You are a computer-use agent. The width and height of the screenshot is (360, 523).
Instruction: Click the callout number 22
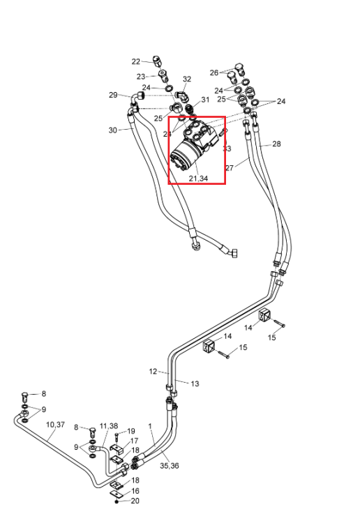[x=136, y=61]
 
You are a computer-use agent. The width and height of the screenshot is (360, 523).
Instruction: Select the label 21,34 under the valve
[x=198, y=179]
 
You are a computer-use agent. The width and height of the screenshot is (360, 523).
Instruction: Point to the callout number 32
[x=187, y=79]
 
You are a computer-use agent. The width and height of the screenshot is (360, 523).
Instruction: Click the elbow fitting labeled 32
[x=182, y=96]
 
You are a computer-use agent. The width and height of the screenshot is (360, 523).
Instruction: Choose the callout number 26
[x=214, y=73]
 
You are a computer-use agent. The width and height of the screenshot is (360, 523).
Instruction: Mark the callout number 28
[x=276, y=144]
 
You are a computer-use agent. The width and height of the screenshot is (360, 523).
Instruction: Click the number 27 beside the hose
[x=230, y=168]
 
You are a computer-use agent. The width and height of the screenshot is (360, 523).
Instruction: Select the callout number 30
[x=113, y=130]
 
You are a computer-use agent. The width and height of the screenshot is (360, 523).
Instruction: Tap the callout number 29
[x=113, y=95]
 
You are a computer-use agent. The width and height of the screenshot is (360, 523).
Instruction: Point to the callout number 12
[x=153, y=371]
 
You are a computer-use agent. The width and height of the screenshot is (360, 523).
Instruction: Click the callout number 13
[x=195, y=384]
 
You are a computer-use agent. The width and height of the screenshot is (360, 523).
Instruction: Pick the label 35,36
[x=169, y=466]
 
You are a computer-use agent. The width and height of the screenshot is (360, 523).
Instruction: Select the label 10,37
[x=55, y=425]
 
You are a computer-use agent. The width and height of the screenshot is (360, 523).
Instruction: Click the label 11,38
[x=109, y=426]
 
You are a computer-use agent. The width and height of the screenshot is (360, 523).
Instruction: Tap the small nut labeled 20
[x=117, y=501]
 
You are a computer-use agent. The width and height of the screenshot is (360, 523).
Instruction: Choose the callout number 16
[x=135, y=491]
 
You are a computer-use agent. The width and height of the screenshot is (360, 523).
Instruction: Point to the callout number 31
[x=205, y=100]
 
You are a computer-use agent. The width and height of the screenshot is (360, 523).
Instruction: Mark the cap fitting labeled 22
[x=156, y=61]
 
